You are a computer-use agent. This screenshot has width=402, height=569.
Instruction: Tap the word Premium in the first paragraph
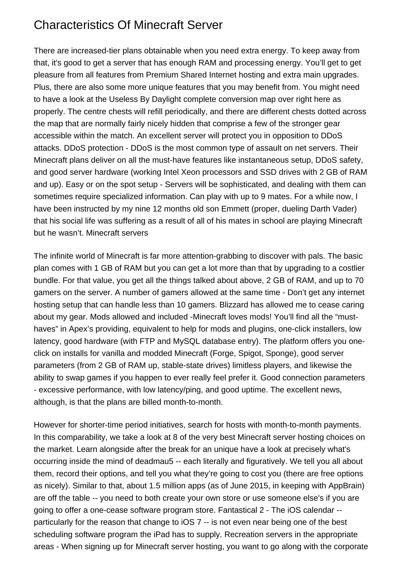162,75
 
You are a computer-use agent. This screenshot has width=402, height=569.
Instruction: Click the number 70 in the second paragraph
359,280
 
